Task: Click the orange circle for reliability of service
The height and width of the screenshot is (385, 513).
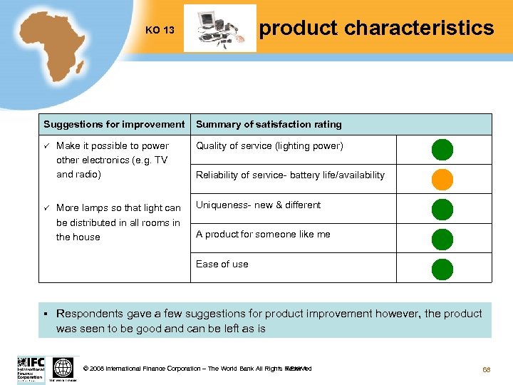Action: pyautogui.click(x=442, y=179)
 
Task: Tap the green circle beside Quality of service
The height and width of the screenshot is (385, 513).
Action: pyautogui.click(x=442, y=150)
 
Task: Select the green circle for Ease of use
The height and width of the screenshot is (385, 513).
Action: pyautogui.click(x=442, y=268)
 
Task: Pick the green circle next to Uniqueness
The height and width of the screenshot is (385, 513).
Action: pyautogui.click(x=442, y=209)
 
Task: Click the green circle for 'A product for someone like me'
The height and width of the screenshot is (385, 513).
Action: pyautogui.click(x=442, y=239)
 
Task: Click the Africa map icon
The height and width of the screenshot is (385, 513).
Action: pyautogui.click(x=53, y=46)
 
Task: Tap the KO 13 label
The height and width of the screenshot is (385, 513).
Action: pyautogui.click(x=160, y=30)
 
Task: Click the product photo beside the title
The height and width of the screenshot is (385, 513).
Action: pyautogui.click(x=219, y=29)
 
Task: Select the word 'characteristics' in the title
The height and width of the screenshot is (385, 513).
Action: pyautogui.click(x=418, y=28)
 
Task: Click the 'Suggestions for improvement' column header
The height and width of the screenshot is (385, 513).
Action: pyautogui.click(x=114, y=124)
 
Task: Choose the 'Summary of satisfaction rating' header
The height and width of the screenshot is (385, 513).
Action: pyautogui.click(x=269, y=124)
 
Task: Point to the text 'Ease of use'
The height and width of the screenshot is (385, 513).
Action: pyautogui.click(x=222, y=264)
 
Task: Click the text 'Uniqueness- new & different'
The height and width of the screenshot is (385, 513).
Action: pyautogui.click(x=258, y=205)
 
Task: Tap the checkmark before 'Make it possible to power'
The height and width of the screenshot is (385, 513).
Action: pyautogui.click(x=46, y=145)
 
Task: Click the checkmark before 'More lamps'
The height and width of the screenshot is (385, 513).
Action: pyautogui.click(x=46, y=207)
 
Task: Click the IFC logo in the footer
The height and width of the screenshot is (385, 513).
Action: pyautogui.click(x=31, y=369)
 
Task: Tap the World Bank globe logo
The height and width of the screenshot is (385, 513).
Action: pyautogui.click(x=63, y=368)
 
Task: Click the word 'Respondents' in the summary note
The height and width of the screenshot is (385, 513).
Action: pyautogui.click(x=88, y=314)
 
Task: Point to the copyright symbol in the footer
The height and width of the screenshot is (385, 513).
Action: pyautogui.click(x=86, y=369)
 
